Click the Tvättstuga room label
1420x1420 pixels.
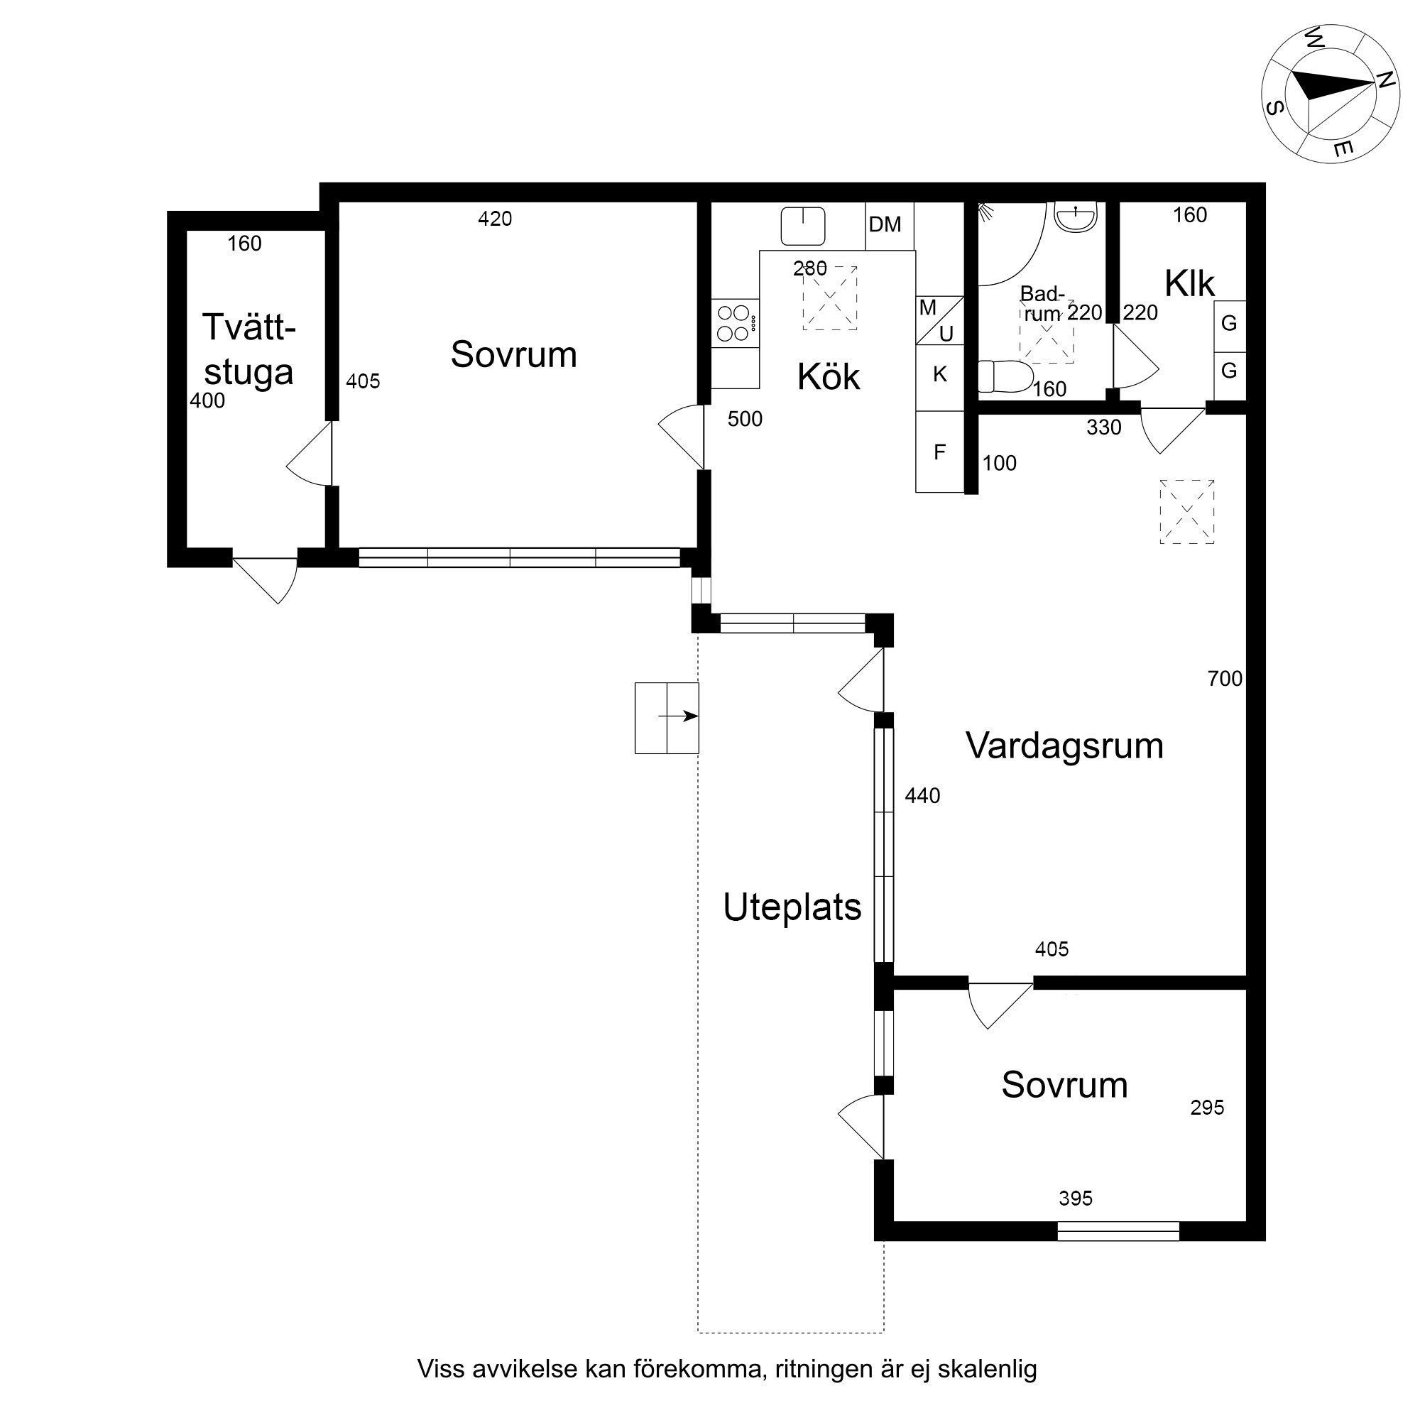tap(249, 349)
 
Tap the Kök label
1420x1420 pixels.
tap(829, 377)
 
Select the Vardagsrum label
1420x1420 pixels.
tap(1064, 746)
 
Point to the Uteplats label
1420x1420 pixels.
tap(792, 907)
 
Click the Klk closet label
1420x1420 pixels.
tap(1190, 284)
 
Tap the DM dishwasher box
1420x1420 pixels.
tap(890, 226)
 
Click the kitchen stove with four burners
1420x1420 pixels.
tap(735, 322)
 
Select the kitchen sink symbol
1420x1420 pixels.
tap(802, 226)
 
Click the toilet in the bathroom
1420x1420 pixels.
tap(1005, 377)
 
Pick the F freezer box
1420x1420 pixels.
tap(939, 452)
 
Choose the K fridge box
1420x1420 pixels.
tap(939, 375)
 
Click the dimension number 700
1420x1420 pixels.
tap(1225, 678)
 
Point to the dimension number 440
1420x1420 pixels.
tap(922, 796)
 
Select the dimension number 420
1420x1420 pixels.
tap(495, 219)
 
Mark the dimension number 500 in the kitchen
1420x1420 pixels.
tap(745, 419)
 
